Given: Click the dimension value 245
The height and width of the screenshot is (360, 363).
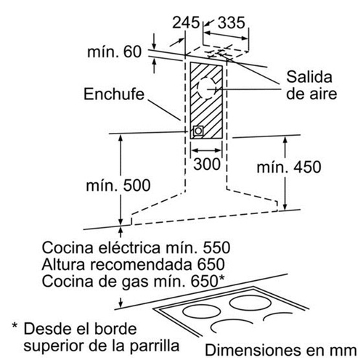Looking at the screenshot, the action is [x=186, y=22].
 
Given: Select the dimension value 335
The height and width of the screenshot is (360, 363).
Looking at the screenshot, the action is [x=232, y=22].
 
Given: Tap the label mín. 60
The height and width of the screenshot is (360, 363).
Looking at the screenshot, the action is [x=114, y=52].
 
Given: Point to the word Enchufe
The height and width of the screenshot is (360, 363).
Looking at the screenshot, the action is [x=114, y=94].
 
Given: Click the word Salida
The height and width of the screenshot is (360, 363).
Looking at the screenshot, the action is [x=309, y=77].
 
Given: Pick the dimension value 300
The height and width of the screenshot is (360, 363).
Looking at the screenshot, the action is [x=207, y=164].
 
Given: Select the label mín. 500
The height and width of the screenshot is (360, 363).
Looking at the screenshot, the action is [x=118, y=186].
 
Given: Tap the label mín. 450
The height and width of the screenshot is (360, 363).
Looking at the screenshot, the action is [x=289, y=167].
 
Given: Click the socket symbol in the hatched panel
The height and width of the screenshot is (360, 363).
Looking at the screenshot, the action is [x=198, y=131].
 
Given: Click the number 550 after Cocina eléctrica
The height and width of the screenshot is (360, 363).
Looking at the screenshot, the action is [x=216, y=247].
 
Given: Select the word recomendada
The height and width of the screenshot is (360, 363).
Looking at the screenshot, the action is [x=142, y=264].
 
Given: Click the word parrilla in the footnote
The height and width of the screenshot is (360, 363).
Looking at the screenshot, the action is [x=155, y=345].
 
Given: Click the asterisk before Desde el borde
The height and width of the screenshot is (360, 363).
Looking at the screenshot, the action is [x=15, y=325].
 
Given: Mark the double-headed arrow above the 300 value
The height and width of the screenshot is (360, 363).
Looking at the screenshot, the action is [x=206, y=150].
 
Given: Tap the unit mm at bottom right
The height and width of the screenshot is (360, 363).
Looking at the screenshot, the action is [x=344, y=351].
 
